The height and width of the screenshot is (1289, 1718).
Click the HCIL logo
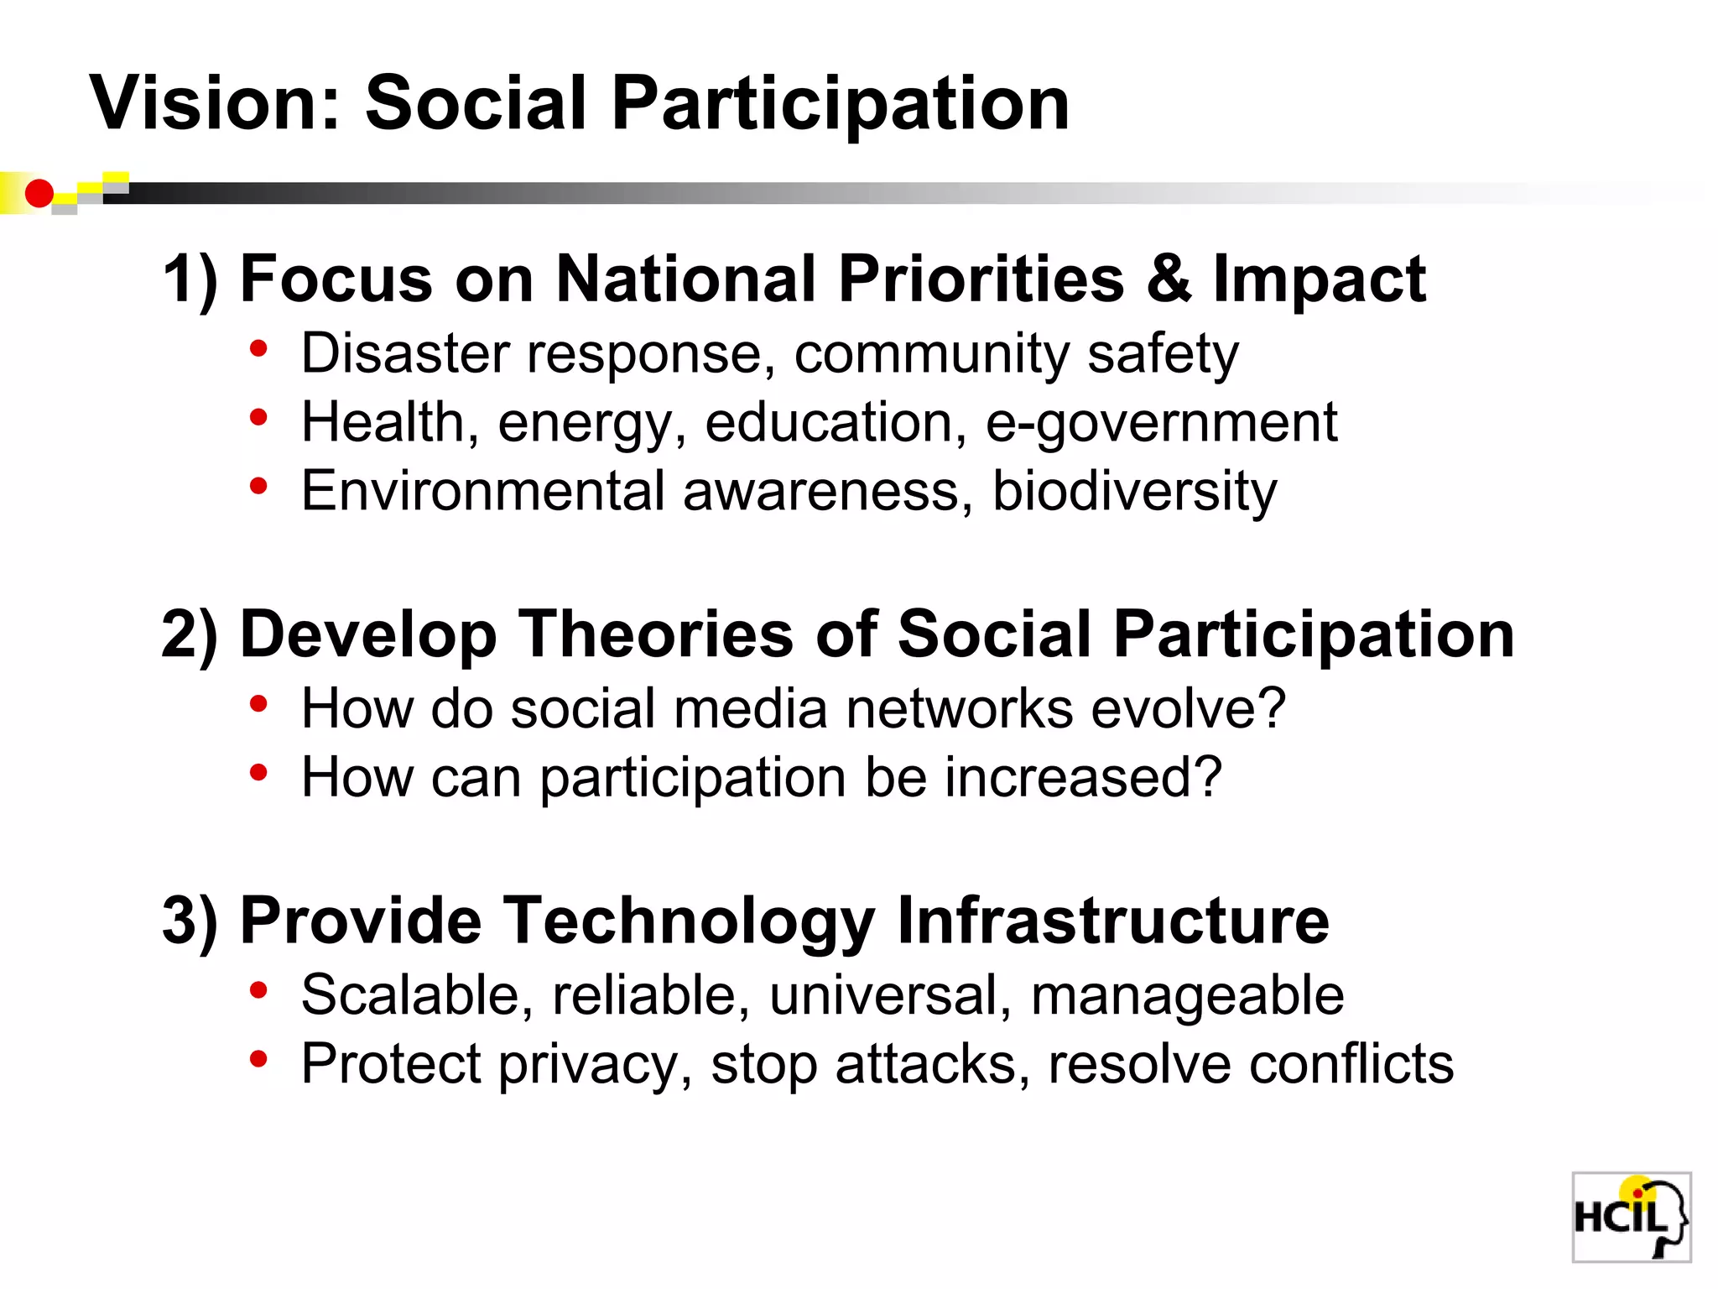tap(1630, 1216)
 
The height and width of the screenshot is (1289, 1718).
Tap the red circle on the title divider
tap(39, 194)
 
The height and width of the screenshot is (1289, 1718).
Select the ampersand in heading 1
tap(1168, 279)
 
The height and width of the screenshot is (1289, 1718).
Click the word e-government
tap(1161, 423)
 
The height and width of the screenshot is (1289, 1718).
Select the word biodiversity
tap(1134, 492)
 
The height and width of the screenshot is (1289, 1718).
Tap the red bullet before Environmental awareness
tap(258, 486)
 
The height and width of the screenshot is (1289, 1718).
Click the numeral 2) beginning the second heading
tap(189, 635)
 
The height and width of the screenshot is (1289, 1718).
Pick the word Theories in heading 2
tap(655, 634)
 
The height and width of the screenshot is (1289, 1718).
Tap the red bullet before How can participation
tap(258, 772)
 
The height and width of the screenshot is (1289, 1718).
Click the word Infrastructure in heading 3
tap(1112, 921)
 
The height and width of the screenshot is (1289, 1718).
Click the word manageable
tap(1187, 997)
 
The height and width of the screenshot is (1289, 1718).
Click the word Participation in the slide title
tap(840, 105)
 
